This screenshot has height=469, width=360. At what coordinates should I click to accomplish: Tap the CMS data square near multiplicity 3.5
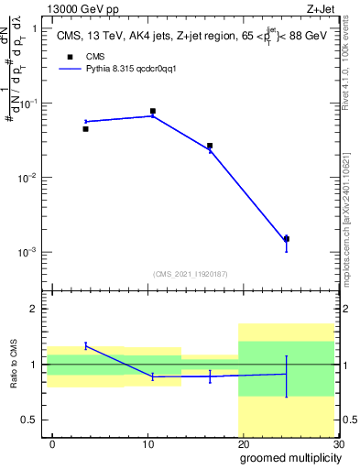[85, 129]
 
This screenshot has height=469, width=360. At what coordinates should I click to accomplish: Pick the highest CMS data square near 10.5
[152, 111]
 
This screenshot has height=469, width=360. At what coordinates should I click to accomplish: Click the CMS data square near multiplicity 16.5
[210, 146]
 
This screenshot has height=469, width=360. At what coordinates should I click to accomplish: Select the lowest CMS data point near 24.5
[286, 239]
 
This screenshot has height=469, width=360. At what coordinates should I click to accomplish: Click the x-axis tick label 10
[147, 443]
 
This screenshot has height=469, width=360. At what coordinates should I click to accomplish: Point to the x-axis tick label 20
[243, 443]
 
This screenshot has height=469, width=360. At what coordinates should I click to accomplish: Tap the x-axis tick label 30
[338, 443]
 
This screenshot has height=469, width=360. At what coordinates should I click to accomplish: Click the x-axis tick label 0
[52, 443]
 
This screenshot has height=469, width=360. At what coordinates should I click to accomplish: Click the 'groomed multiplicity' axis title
[289, 457]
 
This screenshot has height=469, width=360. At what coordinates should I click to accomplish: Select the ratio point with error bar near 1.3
[85, 345]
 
